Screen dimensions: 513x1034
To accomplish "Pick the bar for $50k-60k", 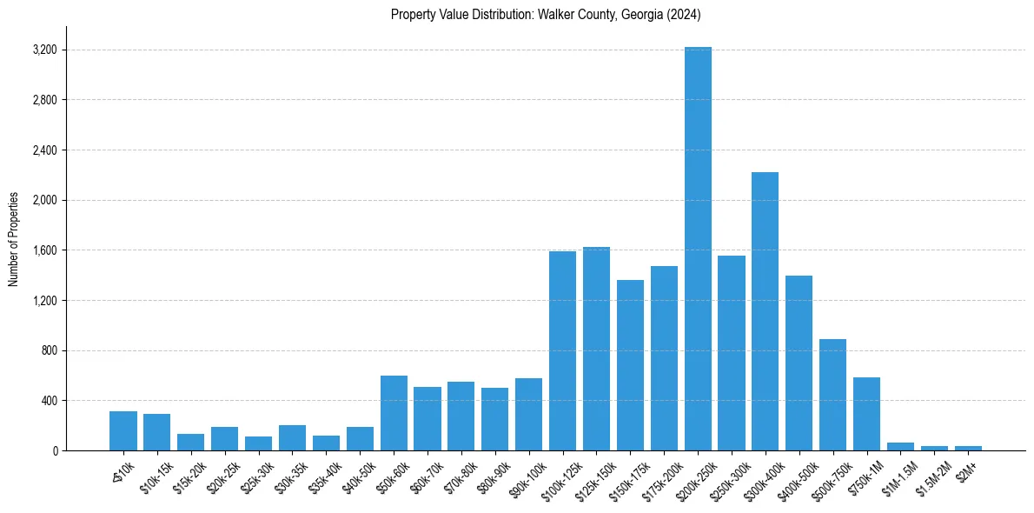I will (x=394, y=413).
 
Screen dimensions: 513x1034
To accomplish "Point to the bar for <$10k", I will (x=123, y=430).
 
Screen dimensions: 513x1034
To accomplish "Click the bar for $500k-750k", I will (x=832, y=395).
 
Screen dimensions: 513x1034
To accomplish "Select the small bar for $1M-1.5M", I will (x=900, y=446).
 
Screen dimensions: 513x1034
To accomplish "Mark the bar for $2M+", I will (x=968, y=448).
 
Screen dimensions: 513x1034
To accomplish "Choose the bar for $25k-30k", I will (x=258, y=443).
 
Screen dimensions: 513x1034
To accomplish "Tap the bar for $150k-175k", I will (x=630, y=365).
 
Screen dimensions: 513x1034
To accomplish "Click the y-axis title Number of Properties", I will (x=14, y=238).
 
